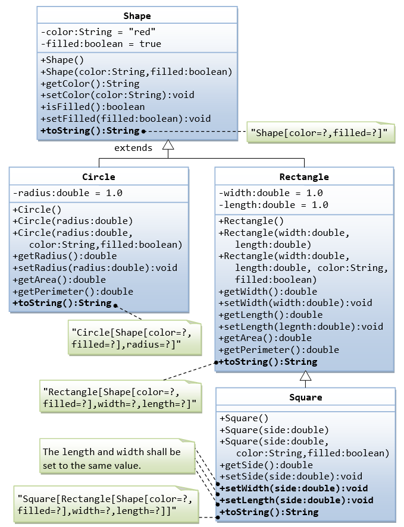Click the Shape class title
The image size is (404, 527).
point(137,15)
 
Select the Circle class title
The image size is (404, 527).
point(99,176)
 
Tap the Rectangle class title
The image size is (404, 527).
point(304,176)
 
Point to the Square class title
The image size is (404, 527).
point(305,397)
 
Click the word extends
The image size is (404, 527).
point(133,147)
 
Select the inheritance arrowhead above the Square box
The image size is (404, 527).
point(305,375)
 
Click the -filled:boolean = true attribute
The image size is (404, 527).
point(101,43)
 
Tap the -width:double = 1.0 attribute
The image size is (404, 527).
point(271,193)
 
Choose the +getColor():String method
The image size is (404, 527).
point(90,84)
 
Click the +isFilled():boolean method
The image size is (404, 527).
point(93,107)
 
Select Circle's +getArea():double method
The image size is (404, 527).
point(59,280)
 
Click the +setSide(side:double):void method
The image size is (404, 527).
point(290,476)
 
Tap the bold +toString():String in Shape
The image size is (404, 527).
point(90,130)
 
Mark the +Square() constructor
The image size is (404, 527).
point(244,418)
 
